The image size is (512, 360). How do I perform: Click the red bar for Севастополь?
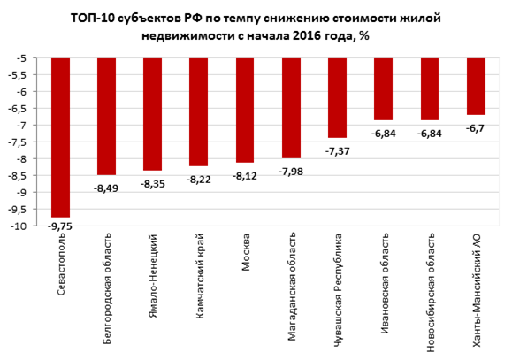[x=61, y=137]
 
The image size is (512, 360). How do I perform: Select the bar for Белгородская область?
[x=107, y=116]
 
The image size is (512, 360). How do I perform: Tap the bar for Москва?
[x=246, y=110]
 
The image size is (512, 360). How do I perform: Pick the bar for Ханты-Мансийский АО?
[x=476, y=87]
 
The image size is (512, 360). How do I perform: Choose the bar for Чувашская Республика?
[x=338, y=97]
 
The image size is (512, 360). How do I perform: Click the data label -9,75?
[x=61, y=227]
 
